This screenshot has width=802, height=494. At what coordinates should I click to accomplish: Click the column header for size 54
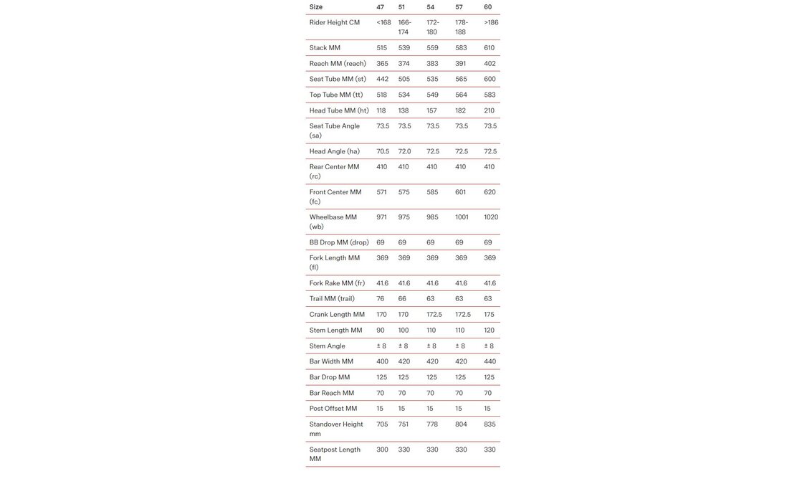pos(431,7)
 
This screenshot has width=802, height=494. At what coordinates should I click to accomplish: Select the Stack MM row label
pos(325,48)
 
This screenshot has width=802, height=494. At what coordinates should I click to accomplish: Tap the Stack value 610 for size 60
pos(490,48)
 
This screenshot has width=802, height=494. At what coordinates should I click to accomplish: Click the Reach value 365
pos(382,64)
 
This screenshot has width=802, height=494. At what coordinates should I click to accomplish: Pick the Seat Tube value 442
pos(382,80)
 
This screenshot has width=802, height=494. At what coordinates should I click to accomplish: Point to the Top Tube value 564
pos(461,95)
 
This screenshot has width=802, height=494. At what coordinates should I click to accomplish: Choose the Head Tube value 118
pos(381,110)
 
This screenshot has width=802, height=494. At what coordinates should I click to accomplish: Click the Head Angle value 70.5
pos(383,151)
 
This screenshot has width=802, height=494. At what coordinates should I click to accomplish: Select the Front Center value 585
pos(432,192)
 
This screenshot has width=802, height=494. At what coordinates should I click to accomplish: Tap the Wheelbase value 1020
pos(491,217)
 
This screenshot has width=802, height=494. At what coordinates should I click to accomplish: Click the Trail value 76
pos(381,299)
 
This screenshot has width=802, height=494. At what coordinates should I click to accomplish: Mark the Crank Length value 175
pos(489,315)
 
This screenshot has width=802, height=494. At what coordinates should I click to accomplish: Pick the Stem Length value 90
pos(381,331)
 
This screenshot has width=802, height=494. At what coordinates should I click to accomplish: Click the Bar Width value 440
pos(490,362)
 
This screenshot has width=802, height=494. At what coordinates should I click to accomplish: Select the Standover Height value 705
pos(382,424)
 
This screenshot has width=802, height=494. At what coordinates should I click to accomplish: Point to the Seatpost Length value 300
pos(382,450)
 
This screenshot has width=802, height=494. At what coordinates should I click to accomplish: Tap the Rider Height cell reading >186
pos(491,23)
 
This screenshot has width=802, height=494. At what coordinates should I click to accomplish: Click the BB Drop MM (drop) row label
pos(339,242)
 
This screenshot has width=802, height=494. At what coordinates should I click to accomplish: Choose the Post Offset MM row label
pos(333,409)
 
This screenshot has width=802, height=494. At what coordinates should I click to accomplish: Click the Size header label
pos(316,7)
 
